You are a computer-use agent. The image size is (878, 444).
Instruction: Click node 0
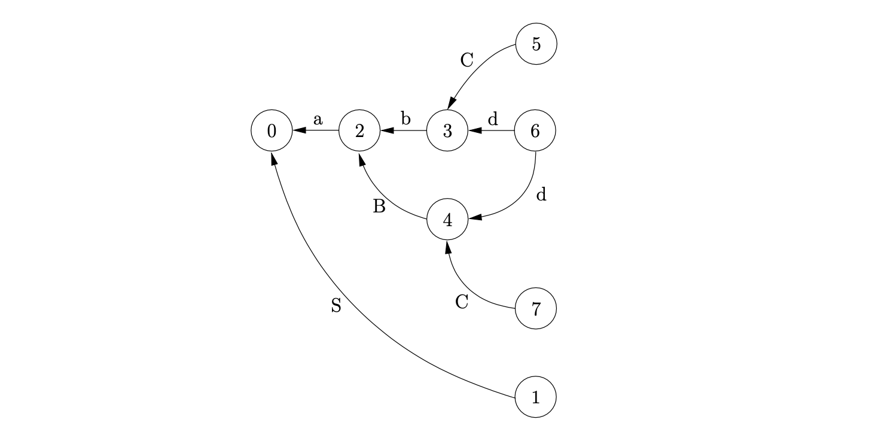tap(272, 131)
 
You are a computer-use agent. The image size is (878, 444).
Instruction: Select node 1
tap(535, 397)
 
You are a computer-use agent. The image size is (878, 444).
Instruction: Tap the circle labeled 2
tap(359, 131)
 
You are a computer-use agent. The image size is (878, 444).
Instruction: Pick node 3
tap(447, 131)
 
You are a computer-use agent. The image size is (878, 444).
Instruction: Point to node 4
tap(447, 220)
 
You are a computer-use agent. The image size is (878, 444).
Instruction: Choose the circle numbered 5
tap(536, 44)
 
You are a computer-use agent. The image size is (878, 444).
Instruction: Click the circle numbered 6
tap(535, 131)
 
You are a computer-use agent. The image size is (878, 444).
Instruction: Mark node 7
tap(535, 309)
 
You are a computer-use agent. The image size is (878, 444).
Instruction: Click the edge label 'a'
tap(318, 120)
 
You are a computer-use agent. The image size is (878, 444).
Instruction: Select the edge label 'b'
tap(406, 119)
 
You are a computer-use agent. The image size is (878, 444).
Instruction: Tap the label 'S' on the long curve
tap(336, 306)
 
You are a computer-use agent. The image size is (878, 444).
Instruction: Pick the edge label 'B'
tap(379, 207)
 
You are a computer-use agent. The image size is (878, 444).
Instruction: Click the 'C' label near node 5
tap(467, 60)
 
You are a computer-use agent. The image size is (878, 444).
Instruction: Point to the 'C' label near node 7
tap(461, 302)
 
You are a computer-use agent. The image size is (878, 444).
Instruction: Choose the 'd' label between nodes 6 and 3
tap(492, 119)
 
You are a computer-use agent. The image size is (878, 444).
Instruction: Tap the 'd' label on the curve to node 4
tap(541, 195)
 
